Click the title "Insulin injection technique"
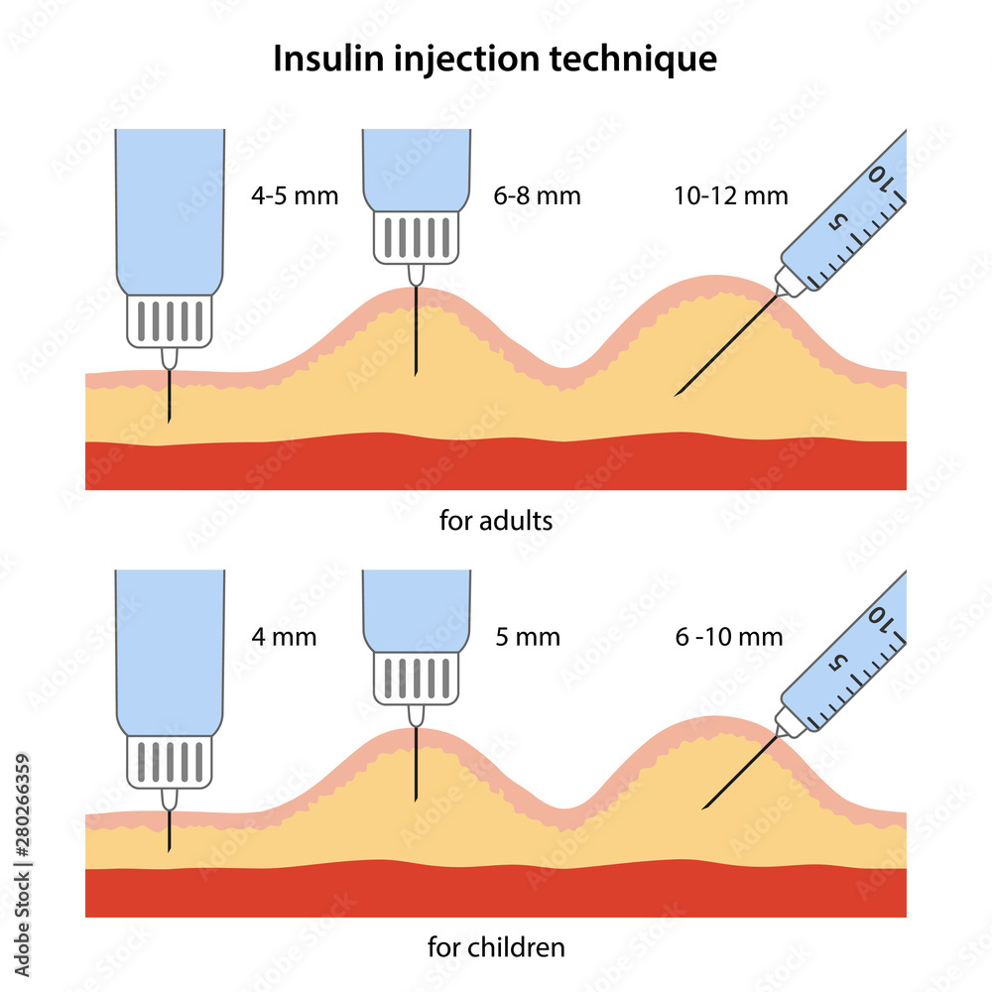495,60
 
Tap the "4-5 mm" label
295,195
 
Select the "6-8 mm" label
537,195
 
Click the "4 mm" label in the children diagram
284,636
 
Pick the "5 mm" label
528,636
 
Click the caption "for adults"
495,521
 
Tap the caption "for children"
496,948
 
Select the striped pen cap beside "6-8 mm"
417,237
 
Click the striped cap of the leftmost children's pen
170,761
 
